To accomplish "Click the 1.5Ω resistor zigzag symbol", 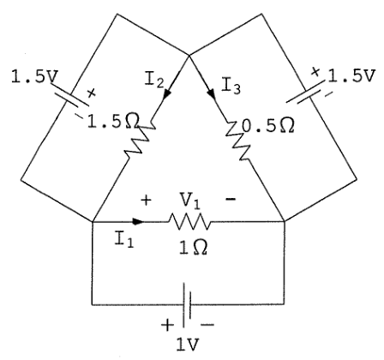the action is point(140,141).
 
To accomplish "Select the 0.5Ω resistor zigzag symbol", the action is point(238,141).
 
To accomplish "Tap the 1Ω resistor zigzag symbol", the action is point(189,222).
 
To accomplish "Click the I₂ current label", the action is point(154,80).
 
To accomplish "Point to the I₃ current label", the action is point(231,87).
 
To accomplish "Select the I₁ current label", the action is point(124,239).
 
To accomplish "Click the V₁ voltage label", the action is point(189,201).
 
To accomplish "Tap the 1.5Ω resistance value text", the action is point(113,123).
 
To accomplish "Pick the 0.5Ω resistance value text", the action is point(268,126).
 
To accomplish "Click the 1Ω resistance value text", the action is point(193,247).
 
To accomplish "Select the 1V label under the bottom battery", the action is point(188,345).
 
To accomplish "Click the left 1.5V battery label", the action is point(34,77).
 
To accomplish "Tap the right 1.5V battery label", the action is point(351,76).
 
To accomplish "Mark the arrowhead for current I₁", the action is point(138,221).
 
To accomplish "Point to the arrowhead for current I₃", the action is point(212,93).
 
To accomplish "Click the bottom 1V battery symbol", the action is point(187,304).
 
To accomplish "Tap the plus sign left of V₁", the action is point(146,201).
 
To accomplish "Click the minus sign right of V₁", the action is point(231,199).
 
